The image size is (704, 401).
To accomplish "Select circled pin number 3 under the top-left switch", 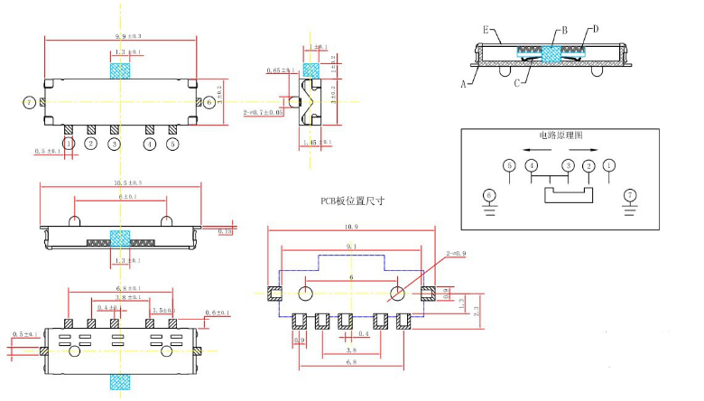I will (114, 143).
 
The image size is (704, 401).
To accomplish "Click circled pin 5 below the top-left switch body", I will (172, 143).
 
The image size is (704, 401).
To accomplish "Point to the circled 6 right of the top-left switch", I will (209, 102).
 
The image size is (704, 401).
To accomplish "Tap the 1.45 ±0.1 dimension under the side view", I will (315, 143).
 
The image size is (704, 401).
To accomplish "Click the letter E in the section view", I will (486, 30).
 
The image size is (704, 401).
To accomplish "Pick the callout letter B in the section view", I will (564, 31).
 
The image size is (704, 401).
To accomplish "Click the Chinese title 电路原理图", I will (560, 135).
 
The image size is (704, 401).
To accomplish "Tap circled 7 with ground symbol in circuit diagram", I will (631, 195).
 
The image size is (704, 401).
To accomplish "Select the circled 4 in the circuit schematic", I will (533, 165).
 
